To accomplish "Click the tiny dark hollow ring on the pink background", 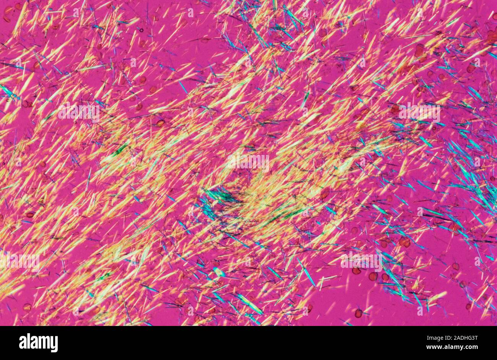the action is pos(141,30).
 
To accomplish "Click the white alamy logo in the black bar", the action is pos(38,342).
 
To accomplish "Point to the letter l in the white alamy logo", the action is pos(29,342).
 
